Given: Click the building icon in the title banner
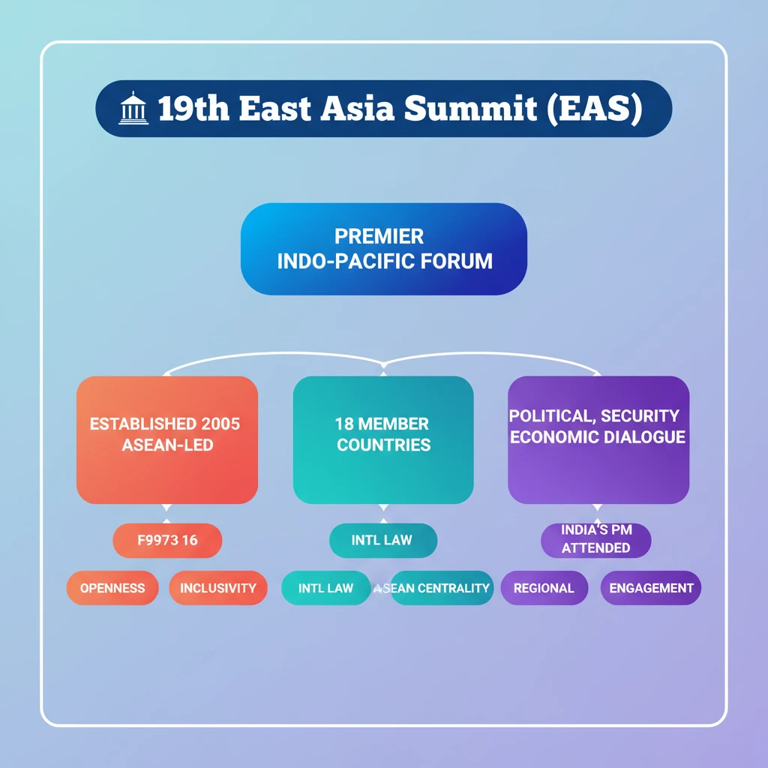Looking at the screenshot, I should [x=134, y=109].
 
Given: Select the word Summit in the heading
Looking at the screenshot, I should [x=470, y=109].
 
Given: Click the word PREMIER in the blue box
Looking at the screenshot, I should [x=379, y=237].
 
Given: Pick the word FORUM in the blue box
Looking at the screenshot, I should [x=457, y=261].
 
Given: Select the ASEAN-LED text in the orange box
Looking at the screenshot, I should [x=167, y=445].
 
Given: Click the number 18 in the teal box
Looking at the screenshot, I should [x=344, y=424].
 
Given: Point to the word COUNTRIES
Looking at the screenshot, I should [x=383, y=445].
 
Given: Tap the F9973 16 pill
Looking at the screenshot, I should [x=167, y=541].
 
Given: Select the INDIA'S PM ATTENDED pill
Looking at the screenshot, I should [x=596, y=539].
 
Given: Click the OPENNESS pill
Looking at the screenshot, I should [x=112, y=588].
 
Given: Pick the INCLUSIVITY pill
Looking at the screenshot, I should [x=218, y=588].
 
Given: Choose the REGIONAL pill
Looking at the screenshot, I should [x=544, y=588].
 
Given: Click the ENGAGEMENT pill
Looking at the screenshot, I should [x=651, y=588].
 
